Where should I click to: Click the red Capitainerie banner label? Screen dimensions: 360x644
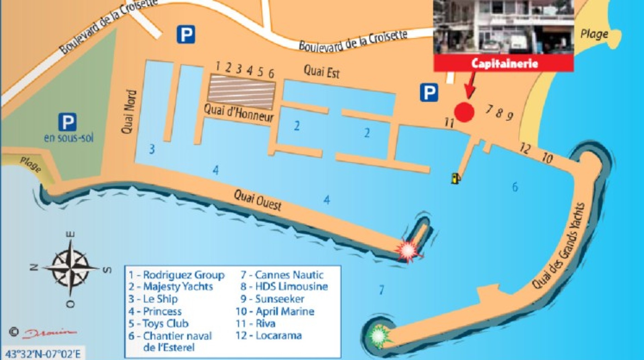coord(504,63)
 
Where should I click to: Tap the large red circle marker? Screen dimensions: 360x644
coord(464,112)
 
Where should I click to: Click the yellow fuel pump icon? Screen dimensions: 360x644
coord(455,178)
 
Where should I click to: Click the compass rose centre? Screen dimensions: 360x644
coord(70,268)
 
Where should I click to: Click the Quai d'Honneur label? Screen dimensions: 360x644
coord(239,113)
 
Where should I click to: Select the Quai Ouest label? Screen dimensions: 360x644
coord(258,200)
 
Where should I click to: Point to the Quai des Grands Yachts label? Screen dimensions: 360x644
coord(559,245)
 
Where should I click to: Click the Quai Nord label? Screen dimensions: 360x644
coord(129,112)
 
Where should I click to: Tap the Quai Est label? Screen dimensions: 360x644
coord(322,71)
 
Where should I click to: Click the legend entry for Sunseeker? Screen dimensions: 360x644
coord(272,299)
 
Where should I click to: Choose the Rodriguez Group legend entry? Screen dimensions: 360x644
coord(177,275)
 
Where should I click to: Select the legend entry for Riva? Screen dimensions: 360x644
coord(256,323)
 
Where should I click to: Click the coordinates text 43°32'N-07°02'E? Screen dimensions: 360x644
coord(43,354)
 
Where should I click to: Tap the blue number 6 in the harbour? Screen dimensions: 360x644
coord(515,187)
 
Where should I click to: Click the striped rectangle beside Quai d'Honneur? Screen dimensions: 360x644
coord(241,92)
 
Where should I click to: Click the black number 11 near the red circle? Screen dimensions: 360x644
coord(449,122)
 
